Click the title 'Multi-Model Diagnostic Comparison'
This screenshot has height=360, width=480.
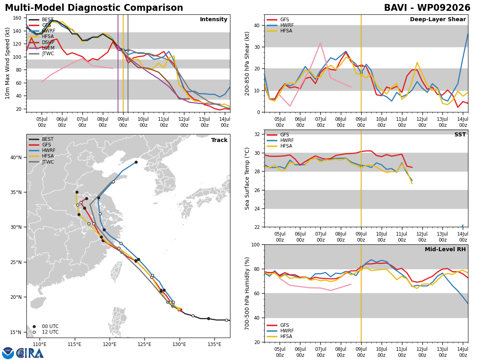click(94, 8)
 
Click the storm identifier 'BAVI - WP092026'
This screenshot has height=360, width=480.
click(427, 8)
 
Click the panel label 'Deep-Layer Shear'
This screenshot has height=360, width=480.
click(438, 19)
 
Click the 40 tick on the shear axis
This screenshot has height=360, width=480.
click(257, 25)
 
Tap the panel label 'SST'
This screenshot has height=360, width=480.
click(460, 134)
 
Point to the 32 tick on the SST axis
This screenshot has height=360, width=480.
click(257, 134)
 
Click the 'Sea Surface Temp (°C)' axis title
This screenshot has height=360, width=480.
click(247, 179)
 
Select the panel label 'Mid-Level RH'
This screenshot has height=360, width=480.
click(445, 249)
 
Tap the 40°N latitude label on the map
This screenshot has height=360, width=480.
click(16, 158)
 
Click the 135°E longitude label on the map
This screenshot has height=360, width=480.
click(214, 345)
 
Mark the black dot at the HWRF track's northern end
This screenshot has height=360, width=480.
click(136, 162)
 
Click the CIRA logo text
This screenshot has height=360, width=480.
click(30, 353)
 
